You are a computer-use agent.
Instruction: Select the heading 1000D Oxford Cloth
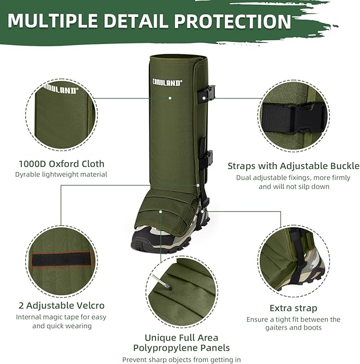61,164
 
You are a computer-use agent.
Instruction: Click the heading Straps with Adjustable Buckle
293,166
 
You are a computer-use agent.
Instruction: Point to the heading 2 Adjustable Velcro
62,305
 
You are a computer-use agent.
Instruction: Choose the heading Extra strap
293,308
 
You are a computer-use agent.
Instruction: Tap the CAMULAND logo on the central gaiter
166,83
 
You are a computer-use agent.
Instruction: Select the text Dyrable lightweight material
61,174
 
